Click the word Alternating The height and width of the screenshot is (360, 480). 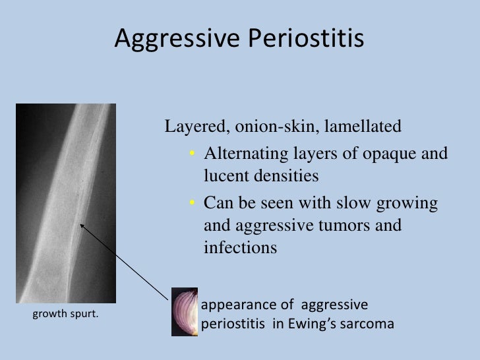243,154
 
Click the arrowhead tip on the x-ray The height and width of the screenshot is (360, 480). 81,224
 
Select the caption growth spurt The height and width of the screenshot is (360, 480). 66,314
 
